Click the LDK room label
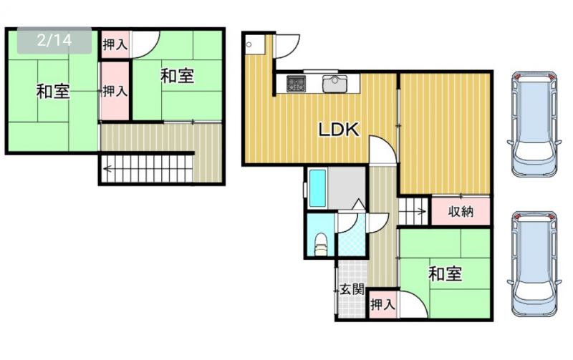tap(339, 130)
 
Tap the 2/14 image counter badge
tap(54, 40)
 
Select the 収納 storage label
tap(461, 211)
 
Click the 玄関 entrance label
tap(352, 290)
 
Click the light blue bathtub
tap(317, 188)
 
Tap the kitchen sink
tap(334, 84)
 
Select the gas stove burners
tap(296, 84)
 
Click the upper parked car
tap(534, 124)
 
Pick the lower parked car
tap(534, 263)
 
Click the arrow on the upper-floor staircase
tap(108, 169)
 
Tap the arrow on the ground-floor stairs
tap(421, 211)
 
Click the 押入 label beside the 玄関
tap(382, 304)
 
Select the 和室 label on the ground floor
tap(445, 273)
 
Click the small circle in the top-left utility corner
tap(249, 45)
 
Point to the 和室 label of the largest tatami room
tap(53, 91)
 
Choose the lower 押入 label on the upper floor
tap(115, 91)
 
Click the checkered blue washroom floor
tap(352, 235)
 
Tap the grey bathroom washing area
tap(346, 188)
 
